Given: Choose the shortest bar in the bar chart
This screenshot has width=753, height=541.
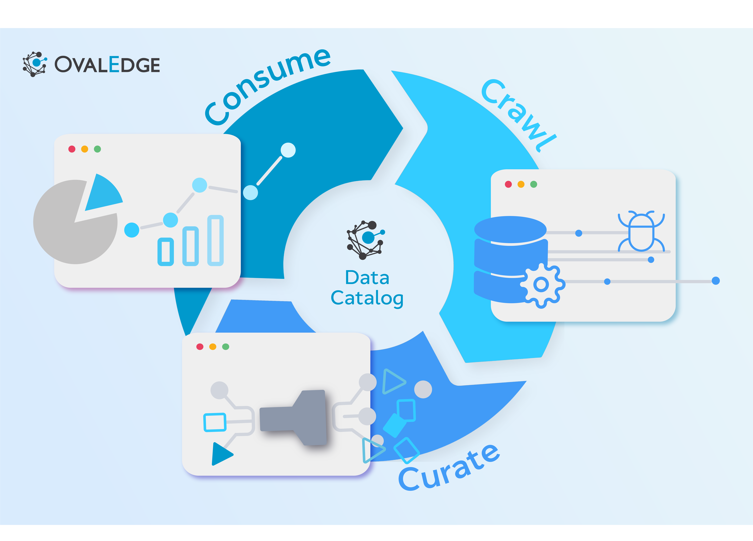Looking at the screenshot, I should [x=165, y=252].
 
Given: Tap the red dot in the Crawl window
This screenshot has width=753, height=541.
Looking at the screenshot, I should [x=508, y=184].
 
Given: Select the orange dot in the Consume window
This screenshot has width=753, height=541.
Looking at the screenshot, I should [x=85, y=149].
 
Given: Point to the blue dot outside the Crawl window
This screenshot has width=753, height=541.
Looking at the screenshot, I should [x=715, y=281].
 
